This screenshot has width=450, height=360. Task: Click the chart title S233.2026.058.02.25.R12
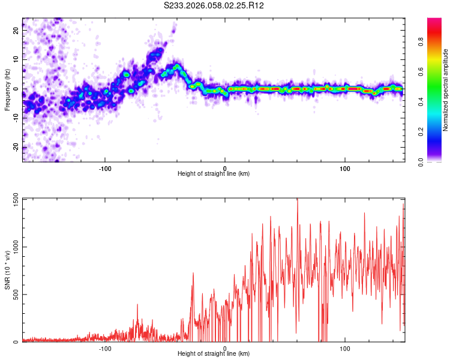coord(214,5)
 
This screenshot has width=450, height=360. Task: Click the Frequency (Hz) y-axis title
coord(7,89)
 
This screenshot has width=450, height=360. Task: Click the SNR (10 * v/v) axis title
coord(7,270)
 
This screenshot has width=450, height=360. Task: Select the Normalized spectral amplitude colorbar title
coord(446,90)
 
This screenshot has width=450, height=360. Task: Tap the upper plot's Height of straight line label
coord(214,173)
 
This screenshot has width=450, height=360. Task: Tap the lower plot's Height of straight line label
coord(214,354)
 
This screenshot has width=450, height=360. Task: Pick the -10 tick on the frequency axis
coord(14,118)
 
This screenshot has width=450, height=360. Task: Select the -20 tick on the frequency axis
coord(14,148)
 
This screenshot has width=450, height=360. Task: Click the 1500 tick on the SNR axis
coord(12,199)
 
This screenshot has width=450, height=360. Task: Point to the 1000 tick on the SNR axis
coord(12,247)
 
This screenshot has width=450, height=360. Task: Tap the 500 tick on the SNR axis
coord(14,294)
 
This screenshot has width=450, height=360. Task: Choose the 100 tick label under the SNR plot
coord(345,347)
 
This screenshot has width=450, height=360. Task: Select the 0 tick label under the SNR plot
coord(225,347)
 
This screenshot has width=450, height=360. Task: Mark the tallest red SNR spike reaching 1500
coord(297,200)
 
